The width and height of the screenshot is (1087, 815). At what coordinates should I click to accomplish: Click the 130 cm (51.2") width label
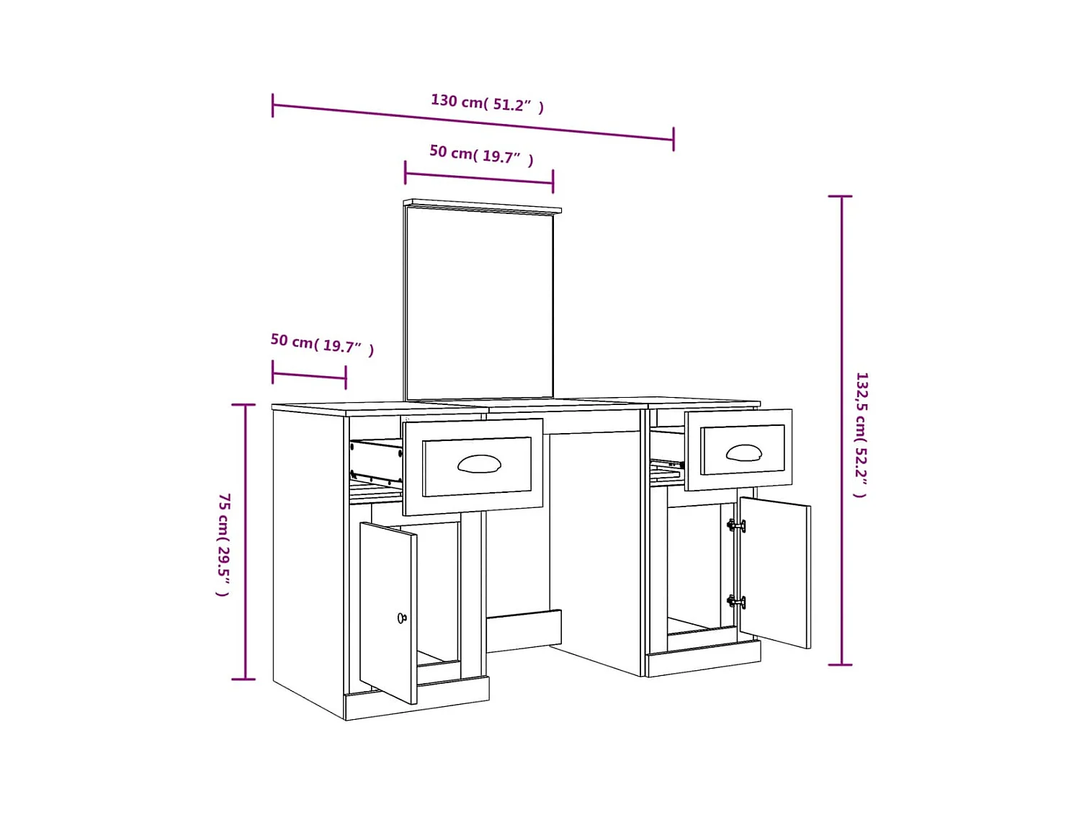pyautogui.click(x=487, y=103)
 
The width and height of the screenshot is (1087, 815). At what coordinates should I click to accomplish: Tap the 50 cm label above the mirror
pyautogui.click(x=481, y=154)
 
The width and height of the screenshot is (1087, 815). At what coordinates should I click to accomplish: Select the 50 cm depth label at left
pyautogui.click(x=322, y=344)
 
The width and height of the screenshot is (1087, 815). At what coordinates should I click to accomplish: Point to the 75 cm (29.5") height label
pyautogui.click(x=224, y=544)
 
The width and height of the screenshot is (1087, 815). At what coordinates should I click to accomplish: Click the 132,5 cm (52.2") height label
pyautogui.click(x=862, y=435)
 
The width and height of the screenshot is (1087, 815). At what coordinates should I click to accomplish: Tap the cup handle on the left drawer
pyautogui.click(x=479, y=463)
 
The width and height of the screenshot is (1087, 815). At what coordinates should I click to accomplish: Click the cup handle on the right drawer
pyautogui.click(x=743, y=453)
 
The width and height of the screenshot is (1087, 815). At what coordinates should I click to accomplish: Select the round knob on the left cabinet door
pyautogui.click(x=402, y=618)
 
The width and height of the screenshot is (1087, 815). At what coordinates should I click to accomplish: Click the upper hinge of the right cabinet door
pyautogui.click(x=735, y=526)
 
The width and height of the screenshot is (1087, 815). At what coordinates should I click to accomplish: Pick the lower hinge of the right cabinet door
pyautogui.click(x=735, y=601)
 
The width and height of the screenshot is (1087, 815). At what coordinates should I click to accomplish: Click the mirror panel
pyautogui.click(x=480, y=303)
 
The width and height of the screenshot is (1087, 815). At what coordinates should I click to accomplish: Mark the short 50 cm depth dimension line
pyautogui.click(x=309, y=375)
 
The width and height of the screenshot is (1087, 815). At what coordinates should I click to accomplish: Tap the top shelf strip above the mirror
pyautogui.click(x=483, y=206)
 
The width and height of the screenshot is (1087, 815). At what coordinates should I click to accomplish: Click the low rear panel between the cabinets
pyautogui.click(x=524, y=631)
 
